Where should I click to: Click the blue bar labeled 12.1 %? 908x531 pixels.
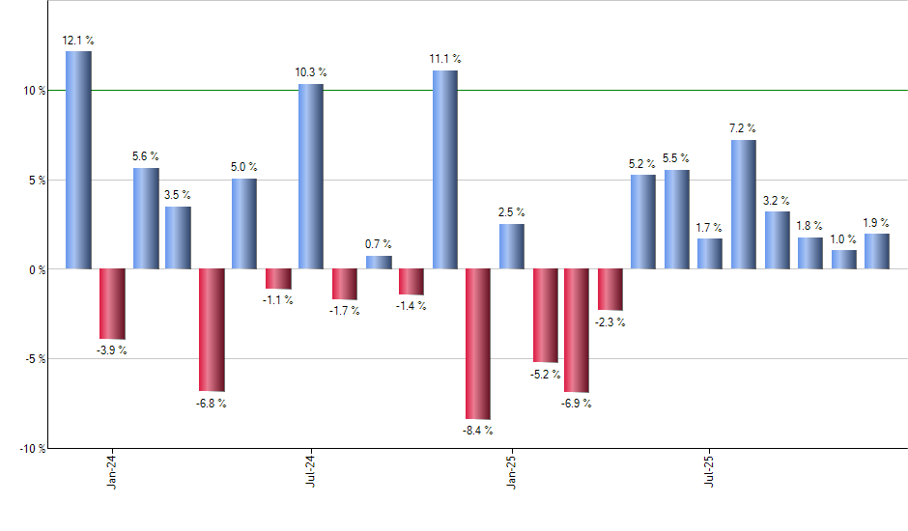tap(78, 159)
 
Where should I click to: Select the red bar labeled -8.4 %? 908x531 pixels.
tap(478, 344)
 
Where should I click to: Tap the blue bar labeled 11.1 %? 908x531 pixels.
tap(445, 169)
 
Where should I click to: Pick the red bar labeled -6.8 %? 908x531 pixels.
tap(212, 329)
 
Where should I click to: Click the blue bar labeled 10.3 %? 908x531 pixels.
tap(311, 176)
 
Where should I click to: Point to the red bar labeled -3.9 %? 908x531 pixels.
tap(112, 303)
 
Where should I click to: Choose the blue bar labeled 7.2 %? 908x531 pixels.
tap(744, 204)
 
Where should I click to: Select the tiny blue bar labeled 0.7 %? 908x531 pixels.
tap(379, 262)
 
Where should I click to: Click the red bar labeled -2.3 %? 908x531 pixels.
tap(610, 290)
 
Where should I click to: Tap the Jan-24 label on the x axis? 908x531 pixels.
tap(113, 470)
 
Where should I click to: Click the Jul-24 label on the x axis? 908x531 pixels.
tap(311, 470)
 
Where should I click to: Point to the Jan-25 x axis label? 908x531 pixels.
tap(511, 470)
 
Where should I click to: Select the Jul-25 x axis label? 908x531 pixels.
tap(710, 470)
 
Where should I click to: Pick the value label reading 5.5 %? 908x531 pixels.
tap(677, 157)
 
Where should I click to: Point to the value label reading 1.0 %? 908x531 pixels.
tap(844, 238)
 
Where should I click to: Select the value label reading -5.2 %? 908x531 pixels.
tap(545, 374)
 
